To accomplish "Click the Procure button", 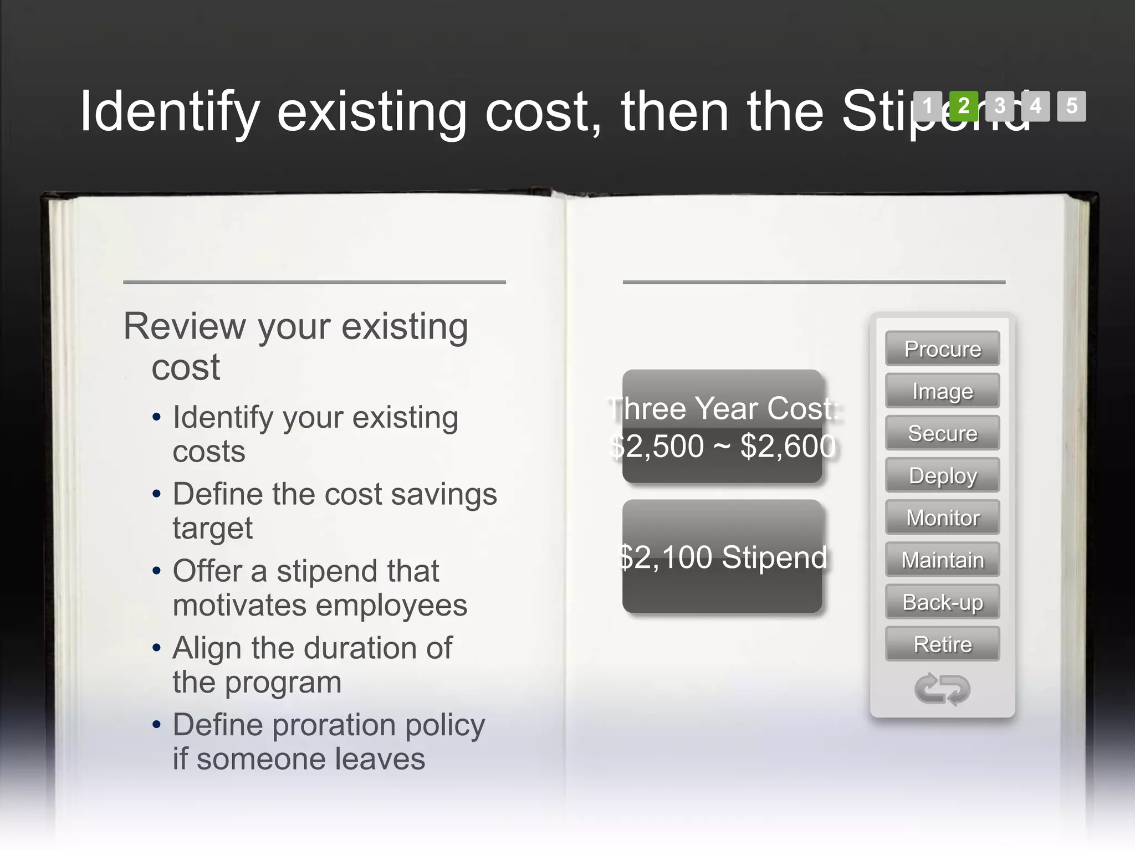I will [942, 349].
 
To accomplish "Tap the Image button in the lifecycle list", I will [942, 391].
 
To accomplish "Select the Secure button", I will [942, 433].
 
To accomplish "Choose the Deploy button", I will [942, 475].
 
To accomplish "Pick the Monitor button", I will [942, 517].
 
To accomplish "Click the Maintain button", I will [942, 560].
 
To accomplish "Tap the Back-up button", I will [942, 602].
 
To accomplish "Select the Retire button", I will [942, 644].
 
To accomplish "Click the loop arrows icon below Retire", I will [942, 689].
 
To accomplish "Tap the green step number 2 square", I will [964, 106].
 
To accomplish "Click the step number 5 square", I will [1071, 106].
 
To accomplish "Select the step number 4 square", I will [1035, 106].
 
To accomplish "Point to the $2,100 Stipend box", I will [722, 557].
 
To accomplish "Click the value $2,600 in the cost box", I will [788, 446].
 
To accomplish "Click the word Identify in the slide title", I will [170, 112].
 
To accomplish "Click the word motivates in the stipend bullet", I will [240, 605].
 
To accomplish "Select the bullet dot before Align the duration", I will [157, 648].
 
